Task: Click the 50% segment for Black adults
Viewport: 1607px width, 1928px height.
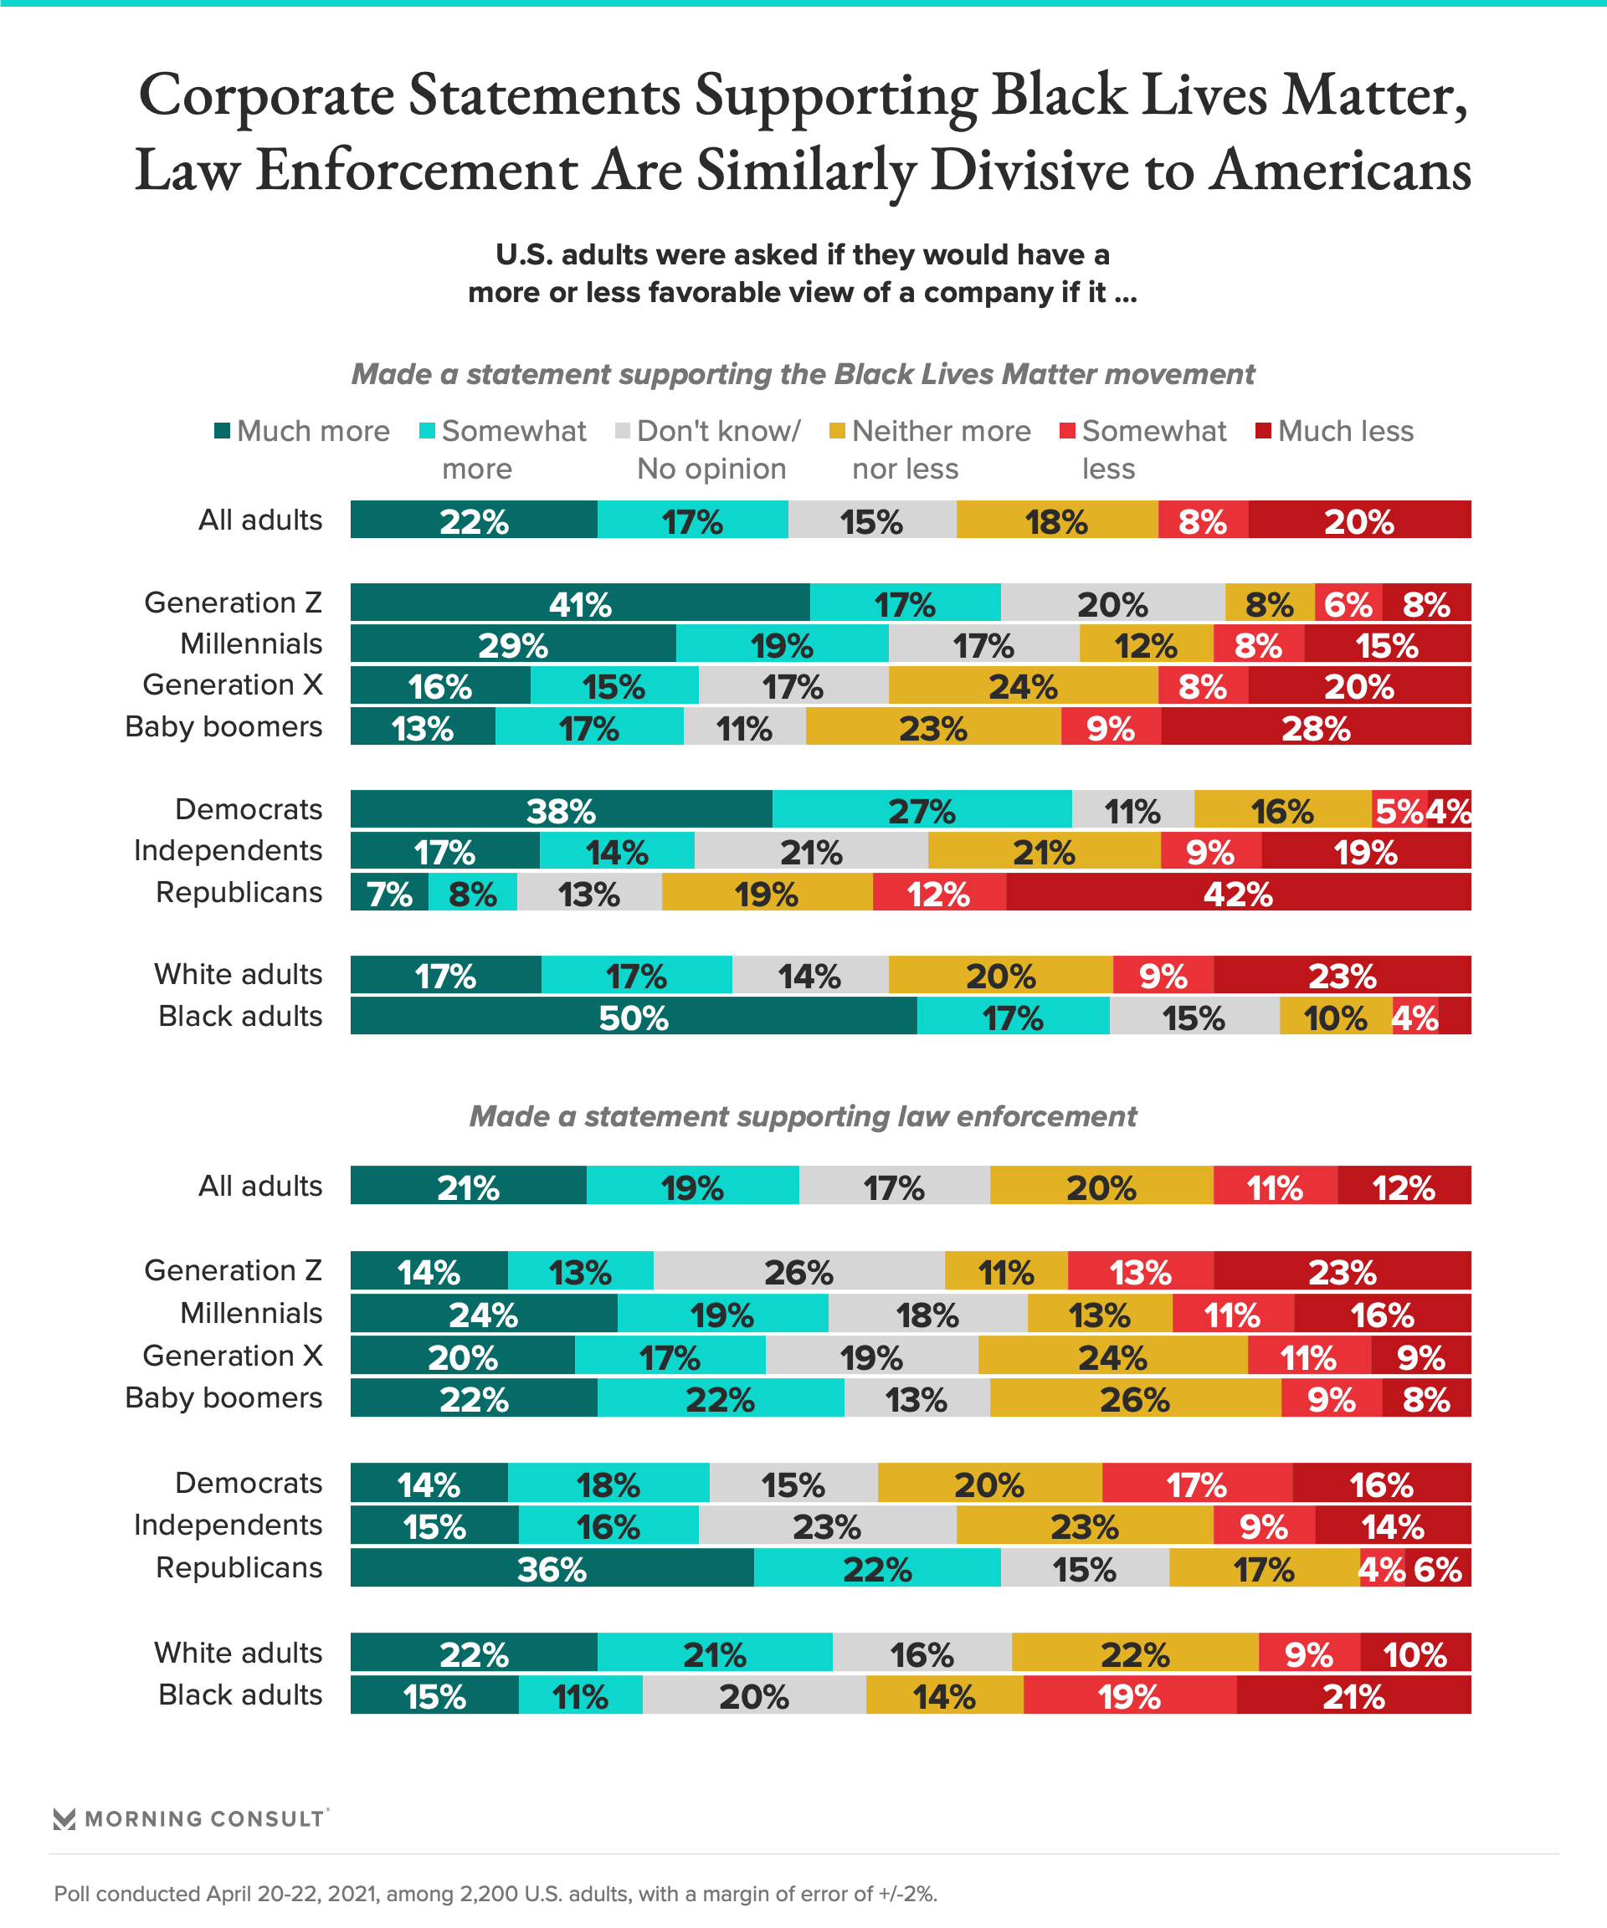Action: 634,1017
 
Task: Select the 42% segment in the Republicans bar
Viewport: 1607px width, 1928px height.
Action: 1238,892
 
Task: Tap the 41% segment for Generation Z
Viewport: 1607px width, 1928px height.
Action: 579,603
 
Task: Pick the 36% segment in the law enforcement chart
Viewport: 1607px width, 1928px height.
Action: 551,1568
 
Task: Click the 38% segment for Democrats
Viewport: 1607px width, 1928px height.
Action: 560,810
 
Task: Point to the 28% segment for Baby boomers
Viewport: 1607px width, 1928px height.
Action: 1315,727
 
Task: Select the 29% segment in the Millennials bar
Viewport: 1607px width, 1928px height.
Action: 512,644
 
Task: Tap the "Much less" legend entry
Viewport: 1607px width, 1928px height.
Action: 1344,431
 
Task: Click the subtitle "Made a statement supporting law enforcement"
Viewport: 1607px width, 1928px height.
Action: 803,1116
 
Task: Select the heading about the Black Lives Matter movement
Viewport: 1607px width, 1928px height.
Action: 803,375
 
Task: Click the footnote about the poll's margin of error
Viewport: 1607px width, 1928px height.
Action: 495,1894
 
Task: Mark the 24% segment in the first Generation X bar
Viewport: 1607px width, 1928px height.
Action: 1022,686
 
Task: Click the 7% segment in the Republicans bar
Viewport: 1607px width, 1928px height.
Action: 389,892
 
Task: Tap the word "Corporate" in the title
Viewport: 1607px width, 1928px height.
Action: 266,95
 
